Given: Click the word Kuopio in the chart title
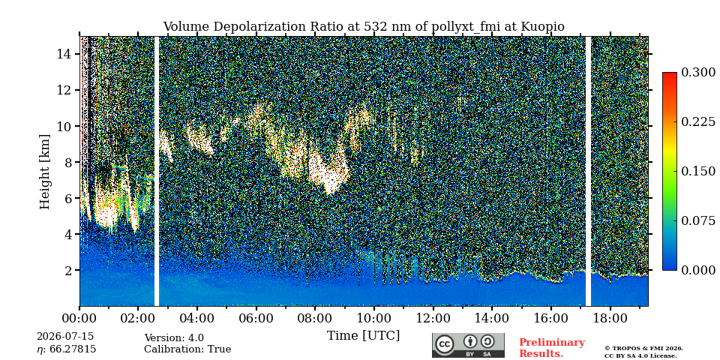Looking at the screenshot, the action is pos(542,27).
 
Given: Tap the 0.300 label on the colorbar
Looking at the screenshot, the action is pos(698,73).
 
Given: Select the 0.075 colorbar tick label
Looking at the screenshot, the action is pos(698,220).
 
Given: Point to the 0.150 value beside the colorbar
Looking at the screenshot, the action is pos(698,171).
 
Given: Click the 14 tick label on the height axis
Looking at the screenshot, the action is pos(64,54).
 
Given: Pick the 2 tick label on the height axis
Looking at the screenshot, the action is pos(68,271).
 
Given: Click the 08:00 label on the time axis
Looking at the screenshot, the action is pos(314,318).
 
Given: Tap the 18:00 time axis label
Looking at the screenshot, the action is pos(609,318).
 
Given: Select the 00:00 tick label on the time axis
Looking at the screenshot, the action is pos(80,318).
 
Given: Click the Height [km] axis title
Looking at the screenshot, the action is pos(44,172).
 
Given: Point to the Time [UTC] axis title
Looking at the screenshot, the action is pos(363,336).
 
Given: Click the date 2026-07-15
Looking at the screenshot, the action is pos(65,337).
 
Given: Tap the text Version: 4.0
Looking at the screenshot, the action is pos(174,338).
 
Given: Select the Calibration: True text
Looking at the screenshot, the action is pos(187,349).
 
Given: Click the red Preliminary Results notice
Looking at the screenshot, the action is pos(552,348).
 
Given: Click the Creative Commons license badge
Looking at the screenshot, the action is pos(468,345).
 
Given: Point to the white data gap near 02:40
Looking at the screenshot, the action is pos(157,171).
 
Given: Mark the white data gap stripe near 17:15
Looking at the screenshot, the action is pos(588,171).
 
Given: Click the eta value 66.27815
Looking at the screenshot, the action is pos(73,349).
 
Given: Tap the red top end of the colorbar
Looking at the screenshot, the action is pos(670,74).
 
